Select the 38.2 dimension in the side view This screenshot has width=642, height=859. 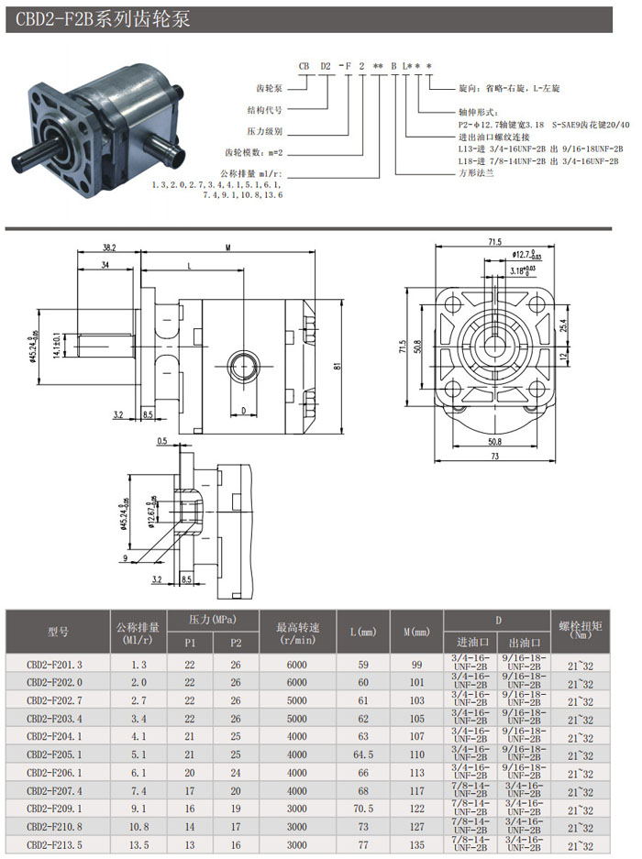[109, 248]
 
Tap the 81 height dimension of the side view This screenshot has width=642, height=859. [338, 367]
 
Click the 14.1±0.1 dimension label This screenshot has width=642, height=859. [57, 346]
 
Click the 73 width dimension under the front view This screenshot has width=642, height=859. [494, 457]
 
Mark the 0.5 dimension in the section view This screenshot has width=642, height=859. [161, 441]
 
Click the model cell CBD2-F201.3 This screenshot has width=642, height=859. [57, 664]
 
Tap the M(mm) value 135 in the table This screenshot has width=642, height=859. [417, 845]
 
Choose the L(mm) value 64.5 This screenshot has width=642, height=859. [364, 754]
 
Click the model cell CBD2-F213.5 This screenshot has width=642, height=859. [57, 845]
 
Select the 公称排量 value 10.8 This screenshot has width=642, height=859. [138, 827]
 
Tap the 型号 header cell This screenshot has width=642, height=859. [58, 632]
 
